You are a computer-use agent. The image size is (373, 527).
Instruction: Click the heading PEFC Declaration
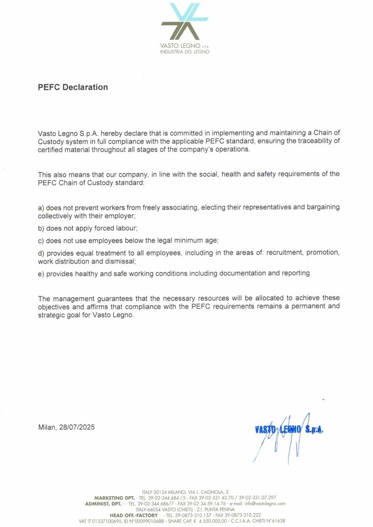pos(73,87)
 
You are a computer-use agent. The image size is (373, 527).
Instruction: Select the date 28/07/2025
pos(77,427)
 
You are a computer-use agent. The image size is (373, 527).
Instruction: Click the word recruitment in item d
pos(284,253)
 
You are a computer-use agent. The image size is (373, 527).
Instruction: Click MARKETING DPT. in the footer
pos(114,497)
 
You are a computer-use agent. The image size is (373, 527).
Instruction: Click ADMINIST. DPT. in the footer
pos(103,504)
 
